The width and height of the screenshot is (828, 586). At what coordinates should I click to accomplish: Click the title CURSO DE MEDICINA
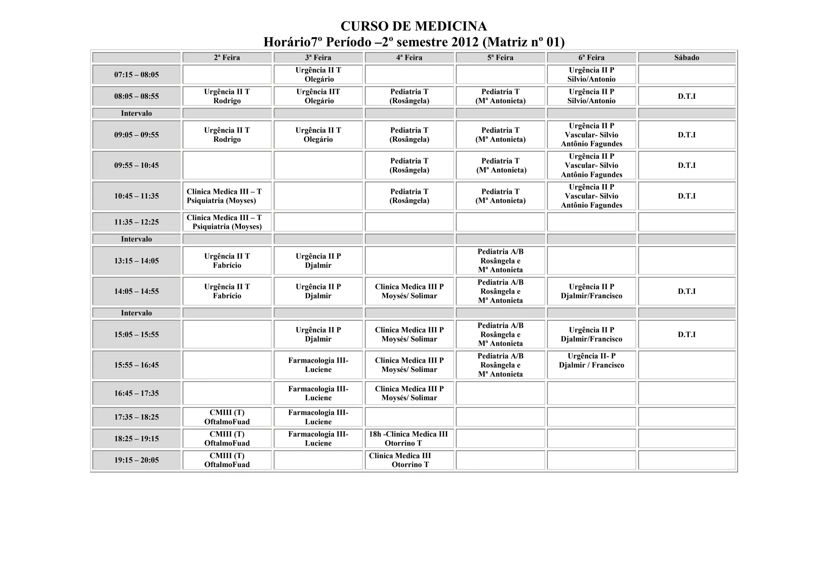[x=414, y=26]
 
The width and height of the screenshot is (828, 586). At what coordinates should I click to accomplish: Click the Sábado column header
[x=686, y=57]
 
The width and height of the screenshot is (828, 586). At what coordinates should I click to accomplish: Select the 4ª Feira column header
[x=409, y=57]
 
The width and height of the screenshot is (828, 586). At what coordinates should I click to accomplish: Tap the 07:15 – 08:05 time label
[x=136, y=74]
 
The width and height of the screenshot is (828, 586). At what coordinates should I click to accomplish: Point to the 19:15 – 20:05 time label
[x=136, y=460]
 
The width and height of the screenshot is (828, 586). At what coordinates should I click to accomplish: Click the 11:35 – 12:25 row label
[x=136, y=222]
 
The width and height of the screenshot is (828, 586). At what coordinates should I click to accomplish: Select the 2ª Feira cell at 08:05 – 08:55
[x=227, y=96]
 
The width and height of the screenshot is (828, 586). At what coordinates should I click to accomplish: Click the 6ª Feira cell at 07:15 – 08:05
[x=591, y=74]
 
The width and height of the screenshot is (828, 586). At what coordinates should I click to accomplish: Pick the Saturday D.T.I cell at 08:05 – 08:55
[x=686, y=96]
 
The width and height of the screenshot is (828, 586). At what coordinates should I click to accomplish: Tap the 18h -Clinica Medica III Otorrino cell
[x=409, y=438]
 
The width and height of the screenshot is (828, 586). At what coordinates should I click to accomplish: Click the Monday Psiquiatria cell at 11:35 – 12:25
[x=227, y=222]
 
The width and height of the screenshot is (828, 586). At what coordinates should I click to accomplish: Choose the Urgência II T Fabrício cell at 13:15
[x=227, y=261]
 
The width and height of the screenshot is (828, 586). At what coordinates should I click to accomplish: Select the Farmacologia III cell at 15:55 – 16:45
[x=318, y=365]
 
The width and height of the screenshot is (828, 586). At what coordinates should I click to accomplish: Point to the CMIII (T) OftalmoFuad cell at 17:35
[x=227, y=417]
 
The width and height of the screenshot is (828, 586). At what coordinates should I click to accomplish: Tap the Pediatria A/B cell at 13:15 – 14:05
[x=500, y=261]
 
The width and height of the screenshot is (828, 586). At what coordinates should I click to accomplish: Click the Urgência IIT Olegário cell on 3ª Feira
[x=318, y=96]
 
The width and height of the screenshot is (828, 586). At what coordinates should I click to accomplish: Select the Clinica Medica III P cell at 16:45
[x=409, y=393]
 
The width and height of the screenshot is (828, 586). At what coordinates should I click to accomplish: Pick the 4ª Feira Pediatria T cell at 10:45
[x=409, y=196]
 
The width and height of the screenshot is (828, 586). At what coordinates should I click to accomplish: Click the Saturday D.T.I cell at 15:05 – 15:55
[x=686, y=334]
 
